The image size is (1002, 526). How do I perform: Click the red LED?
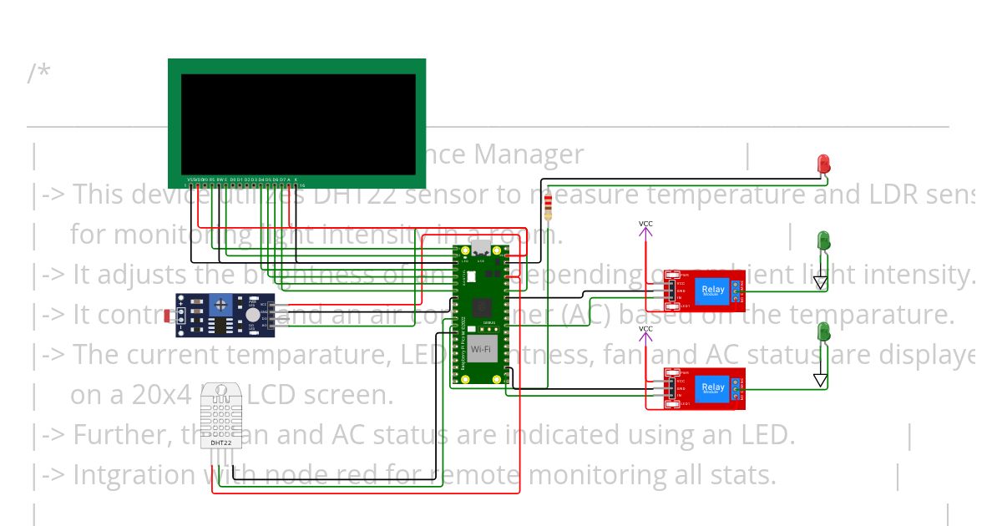click(823, 164)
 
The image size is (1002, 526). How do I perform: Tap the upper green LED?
click(822, 240)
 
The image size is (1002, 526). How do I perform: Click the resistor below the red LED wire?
click(548, 205)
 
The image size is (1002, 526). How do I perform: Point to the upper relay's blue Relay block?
click(712, 291)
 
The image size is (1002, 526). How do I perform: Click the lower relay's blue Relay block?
click(712, 387)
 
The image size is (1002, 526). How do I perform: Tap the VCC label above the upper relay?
click(645, 224)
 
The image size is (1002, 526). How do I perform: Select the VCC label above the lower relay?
click(645, 329)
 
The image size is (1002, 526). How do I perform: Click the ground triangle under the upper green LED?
click(820, 284)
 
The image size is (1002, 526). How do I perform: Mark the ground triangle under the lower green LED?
click(820, 381)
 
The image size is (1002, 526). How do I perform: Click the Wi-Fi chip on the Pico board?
click(481, 349)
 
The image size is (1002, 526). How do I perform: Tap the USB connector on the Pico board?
click(482, 249)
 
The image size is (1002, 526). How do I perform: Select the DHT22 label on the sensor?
click(220, 443)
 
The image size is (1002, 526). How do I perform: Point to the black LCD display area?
click(298, 124)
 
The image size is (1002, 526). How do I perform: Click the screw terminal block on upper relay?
click(738, 291)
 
